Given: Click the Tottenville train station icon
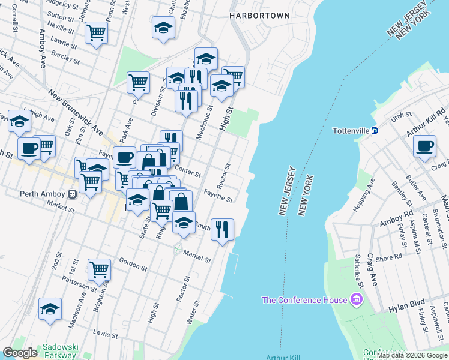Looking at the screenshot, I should click(375, 130).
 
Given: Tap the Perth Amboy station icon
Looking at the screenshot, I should click(71, 194).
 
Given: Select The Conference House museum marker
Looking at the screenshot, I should click(356, 299).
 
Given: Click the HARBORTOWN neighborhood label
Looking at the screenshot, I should click(259, 16).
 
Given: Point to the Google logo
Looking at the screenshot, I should click(20, 353).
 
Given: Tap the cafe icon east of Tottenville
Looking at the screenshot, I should click(424, 146).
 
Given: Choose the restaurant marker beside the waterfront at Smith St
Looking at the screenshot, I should click(222, 229).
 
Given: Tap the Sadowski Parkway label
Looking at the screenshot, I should click(59, 351).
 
